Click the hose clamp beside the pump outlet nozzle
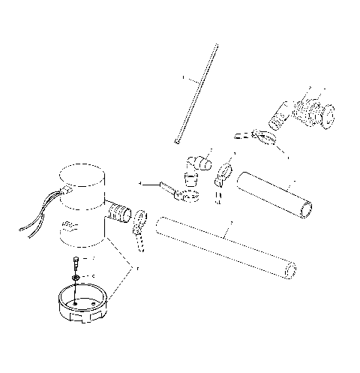coord(140,227)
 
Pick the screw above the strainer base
coord(77,263)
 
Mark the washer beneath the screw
coord(77,277)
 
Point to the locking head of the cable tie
coord(178,140)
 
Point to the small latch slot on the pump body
coord(69,224)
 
